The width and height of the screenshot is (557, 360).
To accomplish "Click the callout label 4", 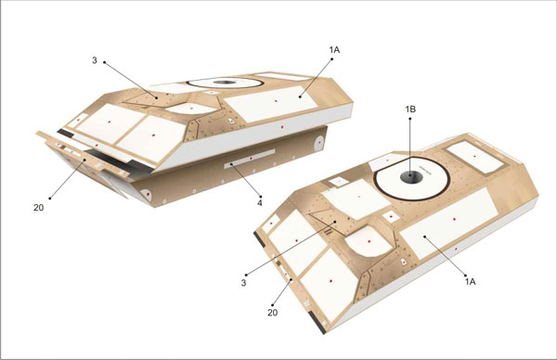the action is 260,203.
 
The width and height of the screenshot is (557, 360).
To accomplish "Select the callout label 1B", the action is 410,109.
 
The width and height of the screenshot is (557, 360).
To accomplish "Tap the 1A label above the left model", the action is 334,50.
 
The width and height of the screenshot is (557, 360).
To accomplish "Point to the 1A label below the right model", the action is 470,281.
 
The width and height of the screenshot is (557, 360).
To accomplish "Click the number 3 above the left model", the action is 95,60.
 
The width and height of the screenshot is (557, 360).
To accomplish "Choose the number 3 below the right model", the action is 243,283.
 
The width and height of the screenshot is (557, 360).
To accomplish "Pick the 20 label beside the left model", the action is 39,208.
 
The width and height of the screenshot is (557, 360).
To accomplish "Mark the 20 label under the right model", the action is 272,313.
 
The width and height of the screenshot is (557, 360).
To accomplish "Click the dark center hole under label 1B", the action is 411,176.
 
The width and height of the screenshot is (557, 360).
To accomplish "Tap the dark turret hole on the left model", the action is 225,83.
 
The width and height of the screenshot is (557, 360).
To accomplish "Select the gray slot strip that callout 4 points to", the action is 250,159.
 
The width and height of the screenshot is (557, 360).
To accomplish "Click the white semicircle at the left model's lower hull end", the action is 319,143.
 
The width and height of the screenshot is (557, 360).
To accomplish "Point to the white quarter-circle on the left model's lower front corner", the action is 147,194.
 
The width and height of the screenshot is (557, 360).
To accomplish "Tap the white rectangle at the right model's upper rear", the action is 475,157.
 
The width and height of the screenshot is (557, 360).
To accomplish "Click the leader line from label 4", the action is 246,180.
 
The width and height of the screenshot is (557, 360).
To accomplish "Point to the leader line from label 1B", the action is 410,147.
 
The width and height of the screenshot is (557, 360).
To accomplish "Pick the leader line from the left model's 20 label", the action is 67,179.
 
